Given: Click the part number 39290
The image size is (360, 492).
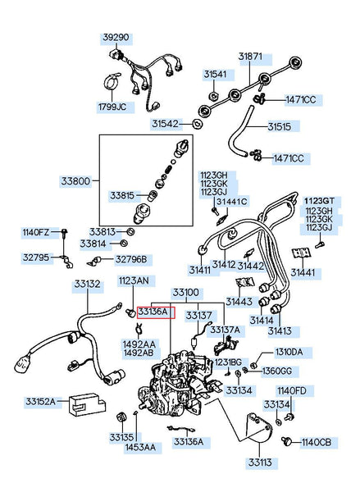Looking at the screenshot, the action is click(116, 38).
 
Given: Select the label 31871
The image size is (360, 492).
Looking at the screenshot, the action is click(250, 57).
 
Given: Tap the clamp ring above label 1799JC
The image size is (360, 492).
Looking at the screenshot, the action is click(112, 81).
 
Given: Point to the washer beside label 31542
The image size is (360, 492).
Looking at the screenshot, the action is click(197, 124).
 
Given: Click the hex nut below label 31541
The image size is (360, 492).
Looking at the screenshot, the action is click(214, 95).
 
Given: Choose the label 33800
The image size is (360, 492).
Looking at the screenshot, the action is click(75, 181).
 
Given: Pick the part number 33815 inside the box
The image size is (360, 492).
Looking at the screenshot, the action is click(122, 196).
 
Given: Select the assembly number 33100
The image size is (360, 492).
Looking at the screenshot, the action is click(186, 293).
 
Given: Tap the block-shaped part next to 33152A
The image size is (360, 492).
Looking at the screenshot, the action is click(87, 404).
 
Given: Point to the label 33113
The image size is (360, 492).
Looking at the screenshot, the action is click(260, 462).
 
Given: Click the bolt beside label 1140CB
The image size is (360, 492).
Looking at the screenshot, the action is click(286, 441).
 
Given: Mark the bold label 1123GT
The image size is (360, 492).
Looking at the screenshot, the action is click(320, 201).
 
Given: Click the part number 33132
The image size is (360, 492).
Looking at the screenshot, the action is click(87, 285).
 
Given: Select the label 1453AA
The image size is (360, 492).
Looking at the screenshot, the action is click(140, 447).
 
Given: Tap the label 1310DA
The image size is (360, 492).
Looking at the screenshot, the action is click(289, 352).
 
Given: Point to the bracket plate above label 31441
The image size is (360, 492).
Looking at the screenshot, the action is click(301, 253).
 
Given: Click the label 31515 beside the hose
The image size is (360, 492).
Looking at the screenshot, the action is click(280, 127).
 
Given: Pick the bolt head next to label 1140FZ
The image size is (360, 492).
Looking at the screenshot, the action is click(65, 233).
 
